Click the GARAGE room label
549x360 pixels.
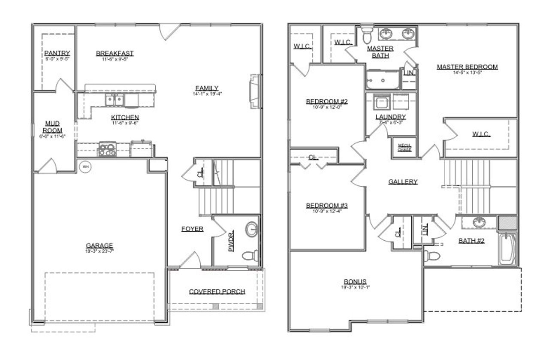(99, 245)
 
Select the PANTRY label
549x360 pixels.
(57, 53)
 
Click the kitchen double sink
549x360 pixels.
(115, 100)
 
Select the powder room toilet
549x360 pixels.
(249, 257)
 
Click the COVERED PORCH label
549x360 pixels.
(217, 291)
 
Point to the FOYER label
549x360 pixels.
(192, 229)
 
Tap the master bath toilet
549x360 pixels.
(367, 36)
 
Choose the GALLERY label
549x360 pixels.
(403, 182)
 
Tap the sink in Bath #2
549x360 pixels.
(479, 223)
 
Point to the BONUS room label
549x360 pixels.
(355, 281)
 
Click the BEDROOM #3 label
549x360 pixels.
(327, 206)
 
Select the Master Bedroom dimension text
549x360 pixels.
(467, 73)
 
